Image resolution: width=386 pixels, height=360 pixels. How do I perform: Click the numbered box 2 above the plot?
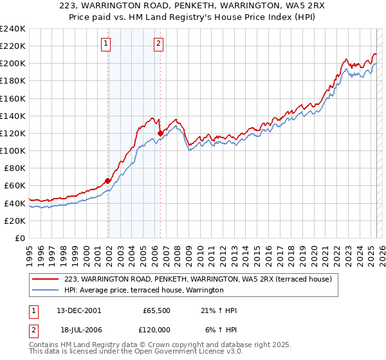point(158,44)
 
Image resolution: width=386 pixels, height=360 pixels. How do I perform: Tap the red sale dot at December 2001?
point(107,181)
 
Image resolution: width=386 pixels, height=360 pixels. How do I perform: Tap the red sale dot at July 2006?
point(160,133)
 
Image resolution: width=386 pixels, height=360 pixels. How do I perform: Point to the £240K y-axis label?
point(13,29)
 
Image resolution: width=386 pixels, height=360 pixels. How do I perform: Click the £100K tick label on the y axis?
point(13,150)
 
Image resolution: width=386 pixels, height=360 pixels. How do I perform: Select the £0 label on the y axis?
point(19,238)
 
